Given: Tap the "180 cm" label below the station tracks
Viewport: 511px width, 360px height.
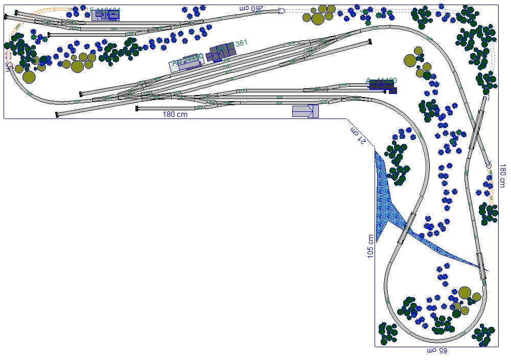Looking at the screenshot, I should coord(175,114).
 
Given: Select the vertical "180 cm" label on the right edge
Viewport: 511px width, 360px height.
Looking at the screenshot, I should coord(502,177).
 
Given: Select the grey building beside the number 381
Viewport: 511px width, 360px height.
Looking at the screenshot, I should coord(221,52).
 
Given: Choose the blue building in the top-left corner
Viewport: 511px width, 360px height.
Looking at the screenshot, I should coord(105,15).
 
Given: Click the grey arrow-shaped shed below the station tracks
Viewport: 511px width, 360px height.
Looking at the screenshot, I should coord(306,111).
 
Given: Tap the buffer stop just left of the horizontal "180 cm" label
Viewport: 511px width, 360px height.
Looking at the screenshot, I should coord(137,109).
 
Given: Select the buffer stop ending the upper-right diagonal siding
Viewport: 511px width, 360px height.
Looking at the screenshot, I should coord(369,42).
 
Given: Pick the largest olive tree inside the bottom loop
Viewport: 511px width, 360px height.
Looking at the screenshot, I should coord(464,293).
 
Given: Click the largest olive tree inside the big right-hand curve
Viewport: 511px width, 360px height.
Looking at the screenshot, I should coord(410,61).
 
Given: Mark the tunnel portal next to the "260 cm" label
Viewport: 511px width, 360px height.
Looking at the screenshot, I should coord(282,10).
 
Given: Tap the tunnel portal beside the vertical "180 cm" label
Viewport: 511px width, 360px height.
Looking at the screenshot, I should coord(489,166).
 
